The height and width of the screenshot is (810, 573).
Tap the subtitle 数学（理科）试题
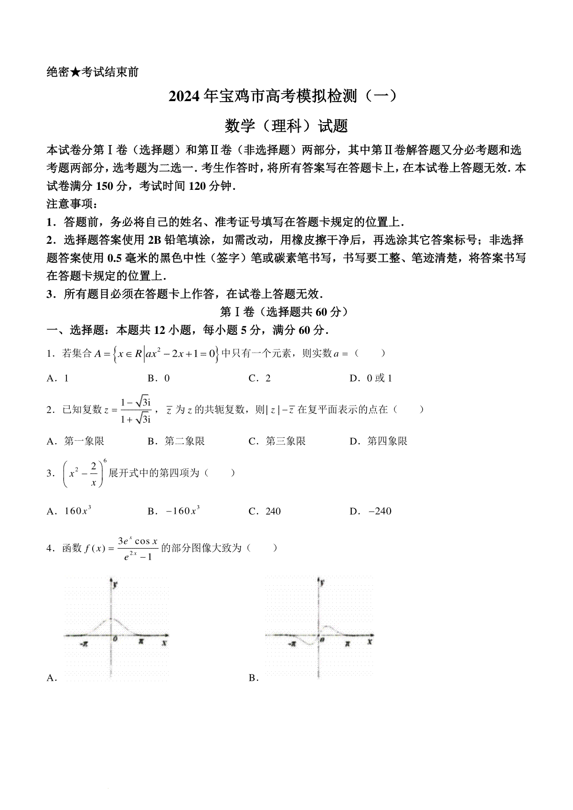coord(286,126)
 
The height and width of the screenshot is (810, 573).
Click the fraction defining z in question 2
coord(136,410)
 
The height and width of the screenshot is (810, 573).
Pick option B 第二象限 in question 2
coord(177,441)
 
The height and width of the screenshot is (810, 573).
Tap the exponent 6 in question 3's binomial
coord(105,460)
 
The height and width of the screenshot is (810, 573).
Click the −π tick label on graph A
coord(84,644)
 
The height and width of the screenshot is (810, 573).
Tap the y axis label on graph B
coord(323,582)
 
